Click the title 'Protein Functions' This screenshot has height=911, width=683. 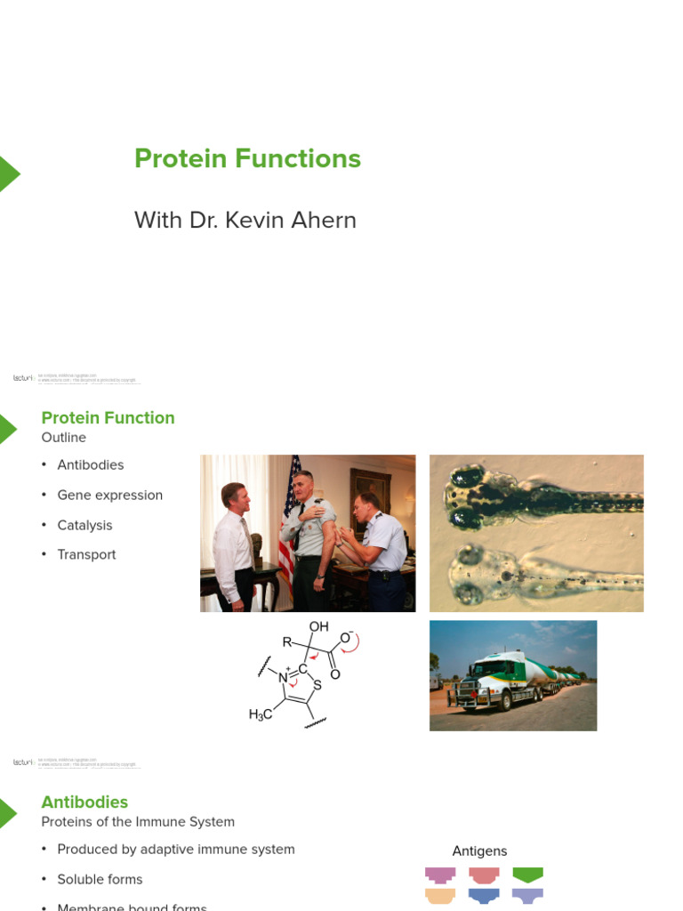click(247, 159)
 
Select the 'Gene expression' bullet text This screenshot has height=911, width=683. click(109, 496)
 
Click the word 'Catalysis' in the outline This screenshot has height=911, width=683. click(84, 526)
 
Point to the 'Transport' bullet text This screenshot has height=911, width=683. click(86, 555)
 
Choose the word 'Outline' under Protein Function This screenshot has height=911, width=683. click(63, 438)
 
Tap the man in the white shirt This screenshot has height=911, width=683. click(234, 543)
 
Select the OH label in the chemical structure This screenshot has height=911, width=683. click(318, 627)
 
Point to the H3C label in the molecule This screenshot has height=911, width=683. click(261, 714)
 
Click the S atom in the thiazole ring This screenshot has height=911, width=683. click(317, 685)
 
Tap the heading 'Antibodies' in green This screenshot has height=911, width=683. click(84, 802)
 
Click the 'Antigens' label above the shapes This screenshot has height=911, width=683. click(479, 851)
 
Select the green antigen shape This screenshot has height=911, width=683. click(527, 875)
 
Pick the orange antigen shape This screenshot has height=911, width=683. click(440, 896)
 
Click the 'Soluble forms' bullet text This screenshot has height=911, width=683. click(100, 880)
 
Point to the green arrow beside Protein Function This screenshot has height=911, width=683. click(8, 429)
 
